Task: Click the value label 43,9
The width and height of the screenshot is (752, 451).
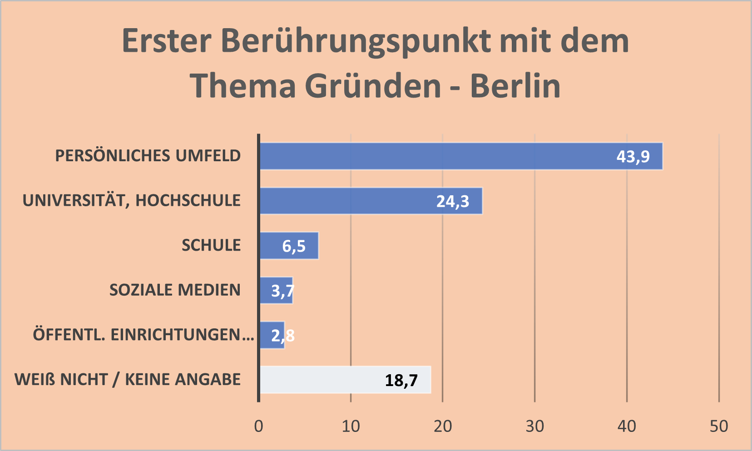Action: tap(633, 157)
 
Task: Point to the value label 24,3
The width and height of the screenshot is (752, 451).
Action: tap(452, 201)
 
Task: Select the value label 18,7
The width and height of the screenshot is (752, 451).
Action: tap(401, 380)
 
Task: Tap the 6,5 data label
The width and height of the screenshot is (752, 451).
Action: tap(294, 246)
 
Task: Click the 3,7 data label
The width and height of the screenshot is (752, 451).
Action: tap(282, 291)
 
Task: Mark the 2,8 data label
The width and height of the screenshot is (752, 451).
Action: tap(282, 336)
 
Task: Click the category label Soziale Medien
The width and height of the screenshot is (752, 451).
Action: tap(175, 290)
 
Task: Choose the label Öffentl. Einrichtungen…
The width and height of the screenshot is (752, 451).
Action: tap(143, 335)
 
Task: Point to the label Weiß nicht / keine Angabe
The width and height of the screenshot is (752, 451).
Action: tap(128, 379)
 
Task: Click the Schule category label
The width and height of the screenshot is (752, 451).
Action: tap(211, 245)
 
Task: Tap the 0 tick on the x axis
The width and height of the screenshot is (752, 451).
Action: tap(259, 426)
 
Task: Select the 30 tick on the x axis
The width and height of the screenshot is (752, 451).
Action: tap(535, 426)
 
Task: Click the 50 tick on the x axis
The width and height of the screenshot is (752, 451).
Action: tap(719, 426)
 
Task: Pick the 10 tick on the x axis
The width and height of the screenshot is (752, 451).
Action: tap(351, 426)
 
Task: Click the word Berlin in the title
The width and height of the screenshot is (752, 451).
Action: tap(515, 86)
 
